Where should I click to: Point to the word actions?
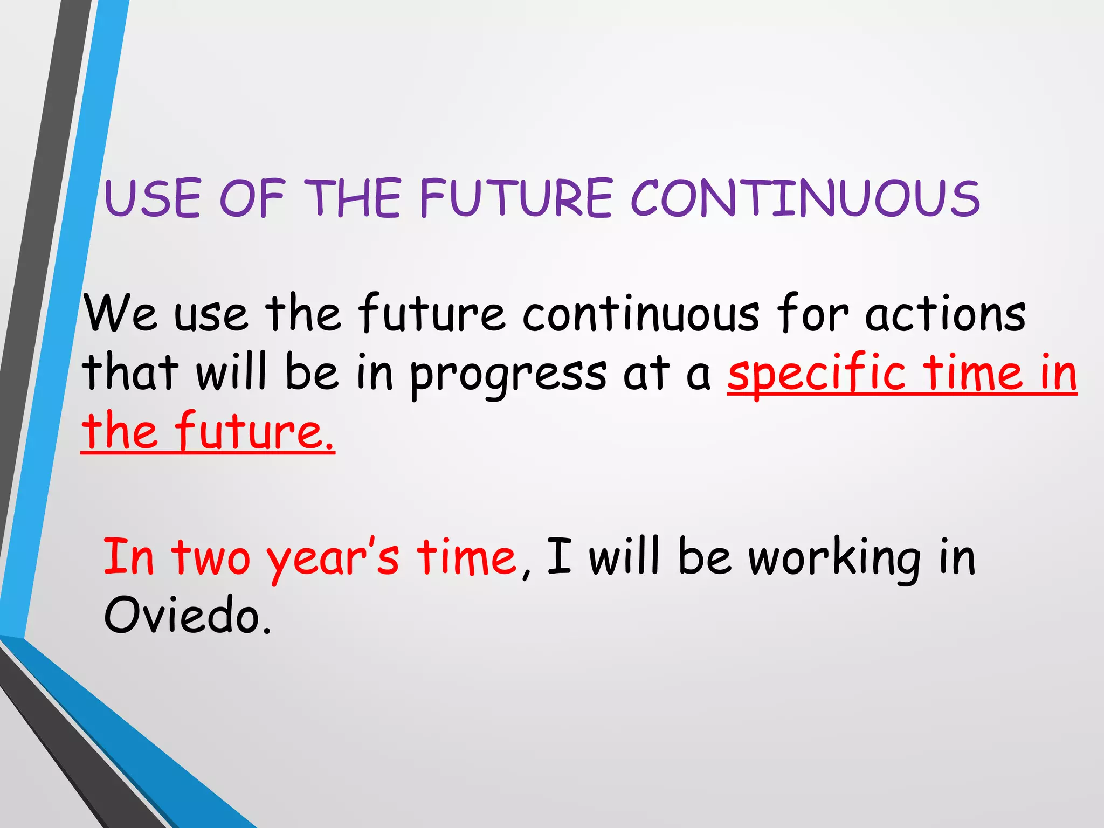946,314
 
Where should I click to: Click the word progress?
508,375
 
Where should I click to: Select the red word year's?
333,558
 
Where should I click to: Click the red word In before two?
129,556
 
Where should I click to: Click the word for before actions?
812,313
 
